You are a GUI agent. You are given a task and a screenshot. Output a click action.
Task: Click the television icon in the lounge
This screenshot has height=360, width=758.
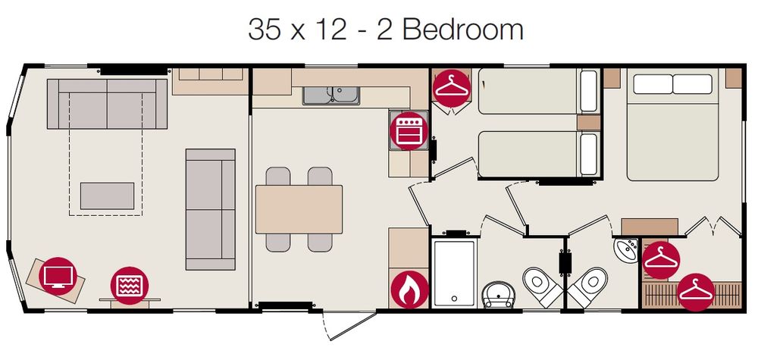click(58, 276)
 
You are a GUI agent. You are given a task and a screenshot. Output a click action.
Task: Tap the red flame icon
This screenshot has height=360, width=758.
click(409, 289)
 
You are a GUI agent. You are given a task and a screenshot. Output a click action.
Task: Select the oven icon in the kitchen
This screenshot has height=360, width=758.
click(409, 131)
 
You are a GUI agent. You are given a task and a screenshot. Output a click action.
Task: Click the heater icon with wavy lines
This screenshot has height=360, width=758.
click(130, 285)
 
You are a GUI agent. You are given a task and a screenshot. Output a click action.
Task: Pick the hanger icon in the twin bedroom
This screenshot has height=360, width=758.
click(452, 87)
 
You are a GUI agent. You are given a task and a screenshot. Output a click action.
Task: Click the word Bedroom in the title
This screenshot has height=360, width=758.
click(462, 30)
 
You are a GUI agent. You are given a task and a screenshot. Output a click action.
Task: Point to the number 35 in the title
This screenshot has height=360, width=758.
click(264, 30)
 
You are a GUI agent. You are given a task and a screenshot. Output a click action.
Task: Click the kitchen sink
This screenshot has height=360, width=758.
click(331, 95)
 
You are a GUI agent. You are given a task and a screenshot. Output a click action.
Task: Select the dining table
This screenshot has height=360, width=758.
click(299, 209)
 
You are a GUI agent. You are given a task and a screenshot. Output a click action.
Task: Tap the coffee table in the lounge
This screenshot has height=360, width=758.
click(108, 196)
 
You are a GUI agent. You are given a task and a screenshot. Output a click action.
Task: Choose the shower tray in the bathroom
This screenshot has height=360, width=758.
click(454, 274)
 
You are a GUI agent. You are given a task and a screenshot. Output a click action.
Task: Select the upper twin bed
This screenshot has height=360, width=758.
click(538, 91)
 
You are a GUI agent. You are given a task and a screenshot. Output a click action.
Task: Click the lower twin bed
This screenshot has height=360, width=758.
click(538, 154)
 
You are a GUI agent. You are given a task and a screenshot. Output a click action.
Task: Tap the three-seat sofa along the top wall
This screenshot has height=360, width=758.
click(108, 103)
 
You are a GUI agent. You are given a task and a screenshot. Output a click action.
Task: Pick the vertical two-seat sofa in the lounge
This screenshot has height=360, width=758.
click(210, 209)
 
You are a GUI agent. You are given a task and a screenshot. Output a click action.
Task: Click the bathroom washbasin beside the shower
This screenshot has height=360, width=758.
click(499, 295)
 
